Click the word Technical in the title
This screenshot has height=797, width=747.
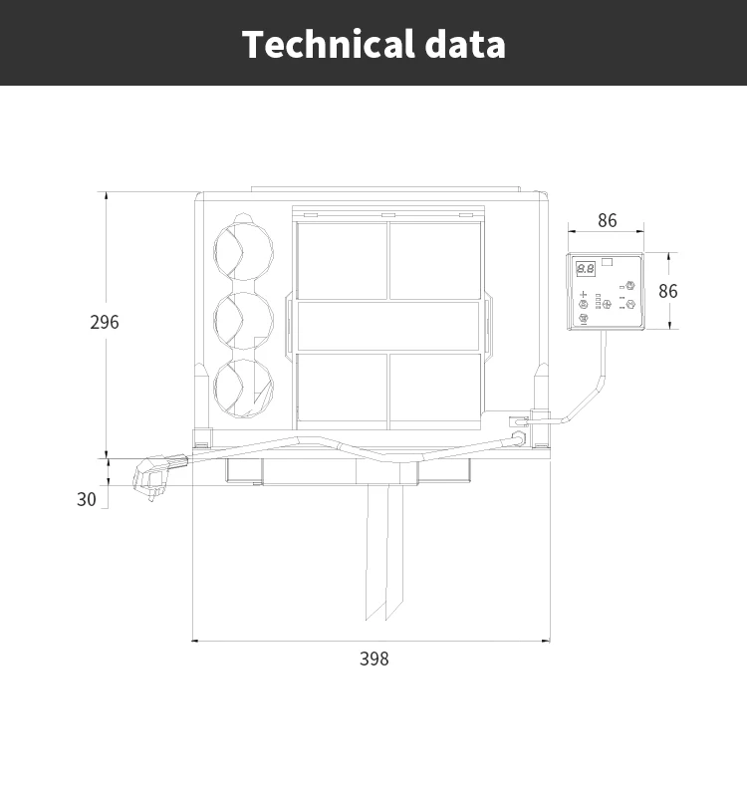pos(328,45)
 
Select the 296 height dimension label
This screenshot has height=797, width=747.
pos(104,322)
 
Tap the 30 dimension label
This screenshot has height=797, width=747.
pos(87,499)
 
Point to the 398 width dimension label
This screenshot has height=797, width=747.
pos(374,659)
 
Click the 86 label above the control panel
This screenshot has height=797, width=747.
pos(607,221)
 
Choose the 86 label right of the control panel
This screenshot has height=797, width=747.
pos(667,291)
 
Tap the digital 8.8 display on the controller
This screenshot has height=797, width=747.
pos(586,268)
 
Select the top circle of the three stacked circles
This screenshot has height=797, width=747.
pos(244,250)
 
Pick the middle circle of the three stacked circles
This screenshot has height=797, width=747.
pos(244,318)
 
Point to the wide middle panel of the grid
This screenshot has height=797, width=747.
pos(388,326)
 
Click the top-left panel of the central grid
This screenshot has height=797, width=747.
pos(343,261)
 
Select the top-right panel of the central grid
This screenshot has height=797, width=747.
pos(435,261)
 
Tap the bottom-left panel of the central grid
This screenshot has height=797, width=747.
pos(343,388)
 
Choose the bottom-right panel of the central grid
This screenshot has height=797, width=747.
pos(435,388)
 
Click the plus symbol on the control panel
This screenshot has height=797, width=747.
pos(584,294)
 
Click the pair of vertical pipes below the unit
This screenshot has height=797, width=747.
pos(383,553)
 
